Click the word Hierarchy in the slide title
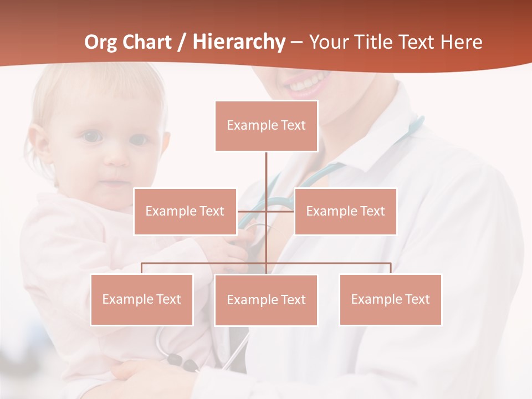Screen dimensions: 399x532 pos(239,42)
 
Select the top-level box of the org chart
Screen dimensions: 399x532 pos(266,126)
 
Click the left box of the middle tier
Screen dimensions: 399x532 pos(185,211)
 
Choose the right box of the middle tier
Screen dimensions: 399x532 pos(345,211)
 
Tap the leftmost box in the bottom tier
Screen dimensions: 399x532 pos(141,299)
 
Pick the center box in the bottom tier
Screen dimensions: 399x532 pos(266,300)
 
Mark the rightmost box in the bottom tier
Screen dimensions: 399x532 pos(390,299)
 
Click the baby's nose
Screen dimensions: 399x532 pos(116,158)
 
